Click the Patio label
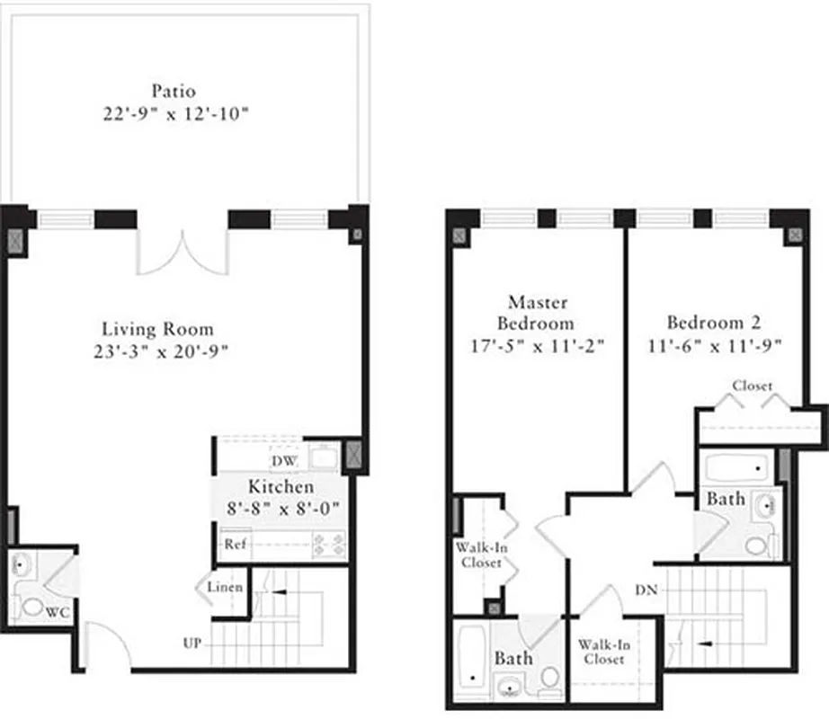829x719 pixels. coord(174,91)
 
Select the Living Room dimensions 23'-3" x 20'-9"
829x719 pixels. coord(158,351)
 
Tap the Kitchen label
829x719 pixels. coord(281,486)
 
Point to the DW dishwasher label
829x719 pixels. coord(284,461)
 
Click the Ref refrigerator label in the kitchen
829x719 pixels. coord(236,544)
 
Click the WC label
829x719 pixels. coord(58,612)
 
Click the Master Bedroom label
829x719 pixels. coord(539,312)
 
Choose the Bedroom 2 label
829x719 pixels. coord(706,322)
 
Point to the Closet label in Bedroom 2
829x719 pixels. coord(752,386)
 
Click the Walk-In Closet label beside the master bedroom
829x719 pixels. coord(477,555)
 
